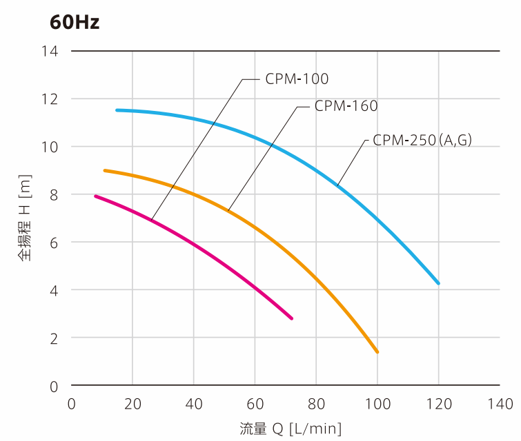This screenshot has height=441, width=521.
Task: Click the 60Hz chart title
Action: [75, 23]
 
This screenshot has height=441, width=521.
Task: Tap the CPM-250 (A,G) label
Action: [422, 140]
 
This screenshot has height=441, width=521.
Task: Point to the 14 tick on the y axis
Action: [50, 52]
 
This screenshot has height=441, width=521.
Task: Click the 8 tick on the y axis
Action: [54, 195]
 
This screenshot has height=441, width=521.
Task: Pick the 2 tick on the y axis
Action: [54, 338]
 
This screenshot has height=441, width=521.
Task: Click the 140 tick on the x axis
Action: [500, 404]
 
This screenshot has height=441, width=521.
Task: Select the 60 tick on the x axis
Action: [255, 404]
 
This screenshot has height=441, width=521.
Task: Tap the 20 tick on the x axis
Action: [132, 404]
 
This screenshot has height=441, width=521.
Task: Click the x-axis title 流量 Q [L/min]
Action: [291, 429]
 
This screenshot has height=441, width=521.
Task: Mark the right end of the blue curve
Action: [438, 283]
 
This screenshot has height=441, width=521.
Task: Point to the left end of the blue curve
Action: [117, 110]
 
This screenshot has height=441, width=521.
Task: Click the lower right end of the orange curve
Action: [377, 352]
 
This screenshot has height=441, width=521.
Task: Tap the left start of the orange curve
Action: [105, 170]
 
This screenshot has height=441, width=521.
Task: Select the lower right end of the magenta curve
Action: [291, 318]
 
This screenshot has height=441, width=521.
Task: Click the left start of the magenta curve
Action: [96, 196]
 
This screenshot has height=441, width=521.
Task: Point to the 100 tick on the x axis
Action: [377, 404]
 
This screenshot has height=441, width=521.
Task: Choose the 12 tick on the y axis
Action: [50, 99]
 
